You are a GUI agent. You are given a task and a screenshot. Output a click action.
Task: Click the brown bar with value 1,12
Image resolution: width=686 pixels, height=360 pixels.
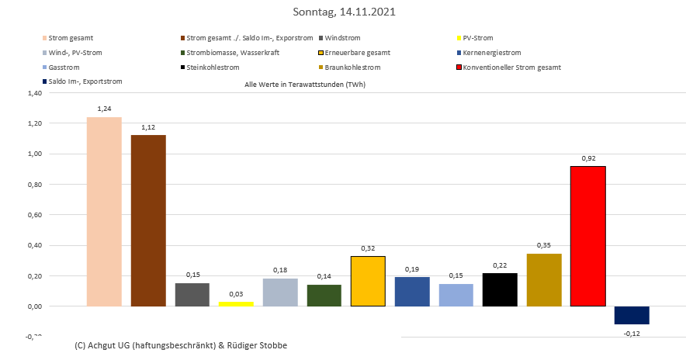point(148,220)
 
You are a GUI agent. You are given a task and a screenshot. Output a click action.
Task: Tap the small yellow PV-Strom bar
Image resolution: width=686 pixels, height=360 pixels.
point(236,303)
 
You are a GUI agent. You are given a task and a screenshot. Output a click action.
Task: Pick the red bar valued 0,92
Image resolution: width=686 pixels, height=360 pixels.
point(587,236)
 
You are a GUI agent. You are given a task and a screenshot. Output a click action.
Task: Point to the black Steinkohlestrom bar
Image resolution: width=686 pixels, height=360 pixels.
point(500,289)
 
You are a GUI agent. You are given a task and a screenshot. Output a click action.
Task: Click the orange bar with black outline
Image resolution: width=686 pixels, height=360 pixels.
point(368,281)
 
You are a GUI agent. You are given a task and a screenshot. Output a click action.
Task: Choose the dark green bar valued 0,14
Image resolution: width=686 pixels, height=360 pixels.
point(324,296)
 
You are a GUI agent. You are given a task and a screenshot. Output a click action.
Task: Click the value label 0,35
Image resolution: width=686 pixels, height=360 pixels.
point(543,245)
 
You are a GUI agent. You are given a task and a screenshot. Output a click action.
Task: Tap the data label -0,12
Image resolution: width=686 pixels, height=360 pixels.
point(632,334)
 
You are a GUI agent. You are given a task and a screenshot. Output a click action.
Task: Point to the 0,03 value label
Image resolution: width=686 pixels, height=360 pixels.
point(236,293)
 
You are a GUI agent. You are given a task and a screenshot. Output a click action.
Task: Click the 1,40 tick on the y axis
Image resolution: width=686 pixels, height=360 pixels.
point(34,93)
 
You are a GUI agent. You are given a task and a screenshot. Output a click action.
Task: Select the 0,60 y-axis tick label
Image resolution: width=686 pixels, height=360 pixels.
point(34,215)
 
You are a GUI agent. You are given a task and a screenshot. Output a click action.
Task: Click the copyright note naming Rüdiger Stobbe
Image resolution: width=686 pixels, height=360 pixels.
point(182,344)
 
